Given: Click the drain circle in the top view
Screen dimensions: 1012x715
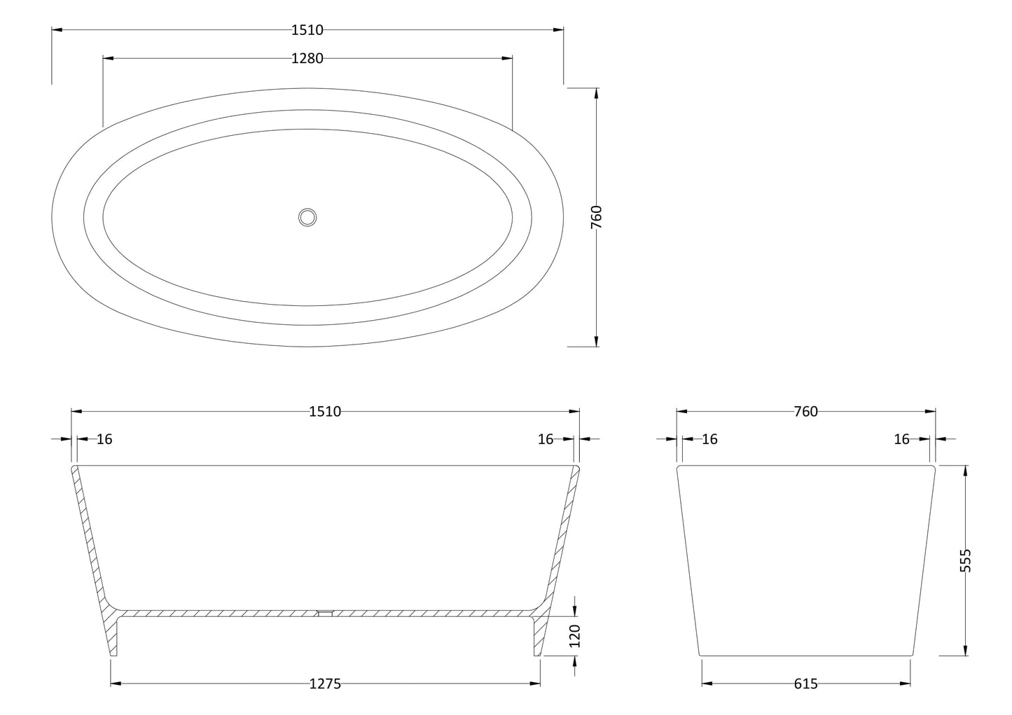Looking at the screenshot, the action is pyautogui.click(x=307, y=217).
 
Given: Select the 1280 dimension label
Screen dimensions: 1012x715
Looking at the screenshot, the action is pyautogui.click(x=307, y=58).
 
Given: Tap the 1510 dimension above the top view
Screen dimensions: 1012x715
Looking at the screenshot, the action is pyautogui.click(x=307, y=30).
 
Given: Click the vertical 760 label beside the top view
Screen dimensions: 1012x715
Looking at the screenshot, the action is pyautogui.click(x=597, y=217).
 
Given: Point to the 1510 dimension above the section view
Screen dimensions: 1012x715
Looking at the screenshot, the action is pyautogui.click(x=325, y=412).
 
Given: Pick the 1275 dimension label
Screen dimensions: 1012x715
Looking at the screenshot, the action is pyautogui.click(x=325, y=683).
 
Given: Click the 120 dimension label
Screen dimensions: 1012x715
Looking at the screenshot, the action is pyautogui.click(x=574, y=636).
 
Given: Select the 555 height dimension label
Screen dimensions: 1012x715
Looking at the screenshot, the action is pyautogui.click(x=965, y=560).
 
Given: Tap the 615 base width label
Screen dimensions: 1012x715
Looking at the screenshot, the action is pyautogui.click(x=806, y=683).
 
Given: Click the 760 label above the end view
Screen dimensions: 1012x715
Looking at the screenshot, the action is pyautogui.click(x=806, y=412).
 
